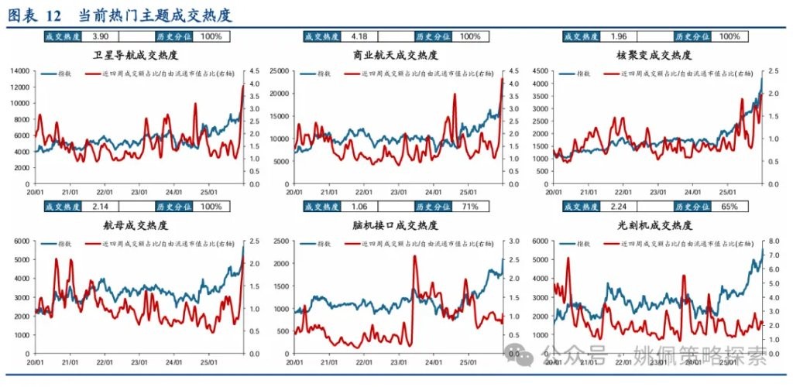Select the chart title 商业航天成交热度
click(x=395, y=56)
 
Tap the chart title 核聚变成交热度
click(x=655, y=56)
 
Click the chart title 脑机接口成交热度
click(x=395, y=225)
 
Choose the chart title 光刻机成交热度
click(x=655, y=225)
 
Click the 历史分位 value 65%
click(x=729, y=207)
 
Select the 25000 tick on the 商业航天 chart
click(x=280, y=71)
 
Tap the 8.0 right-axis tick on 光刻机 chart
click(x=774, y=241)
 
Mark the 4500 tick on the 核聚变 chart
click(x=541, y=71)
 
